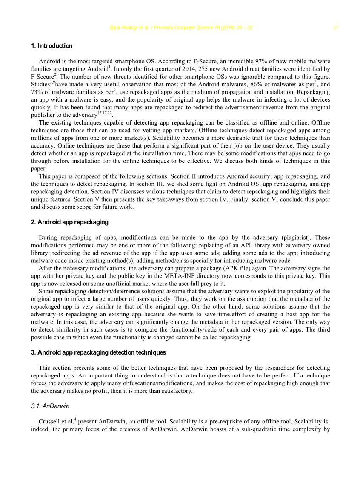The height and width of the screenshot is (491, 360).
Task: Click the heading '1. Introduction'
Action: click(52, 46)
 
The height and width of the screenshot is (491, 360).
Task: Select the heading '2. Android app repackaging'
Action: click(70, 222)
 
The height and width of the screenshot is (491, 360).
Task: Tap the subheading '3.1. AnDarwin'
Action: click(50, 406)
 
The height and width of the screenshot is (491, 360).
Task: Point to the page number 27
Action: click(336, 28)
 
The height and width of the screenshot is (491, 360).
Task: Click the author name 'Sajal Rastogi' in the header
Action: click(126, 28)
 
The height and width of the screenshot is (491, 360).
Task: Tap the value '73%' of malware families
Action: click(37, 92)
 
